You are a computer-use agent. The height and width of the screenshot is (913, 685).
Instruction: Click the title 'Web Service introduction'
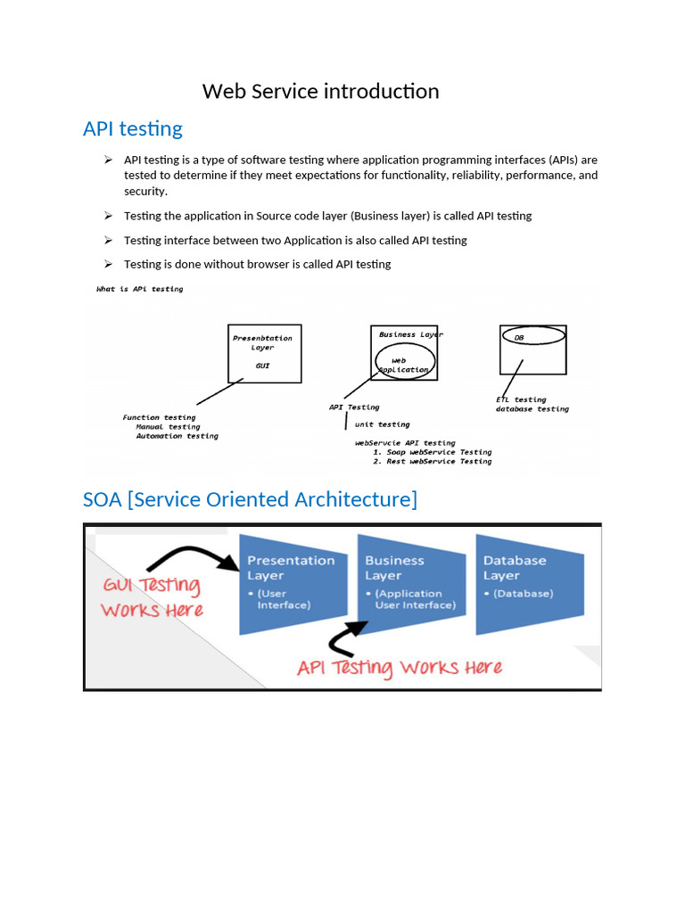coord(320,91)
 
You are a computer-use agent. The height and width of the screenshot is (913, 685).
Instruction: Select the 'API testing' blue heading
coord(132,128)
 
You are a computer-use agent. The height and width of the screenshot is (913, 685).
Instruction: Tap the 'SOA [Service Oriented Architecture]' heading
coord(250,499)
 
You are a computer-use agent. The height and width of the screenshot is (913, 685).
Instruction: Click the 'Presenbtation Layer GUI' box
coord(264,353)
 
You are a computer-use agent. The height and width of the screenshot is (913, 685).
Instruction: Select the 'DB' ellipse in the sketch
coord(533,336)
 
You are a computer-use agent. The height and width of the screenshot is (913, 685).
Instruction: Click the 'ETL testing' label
coord(521,399)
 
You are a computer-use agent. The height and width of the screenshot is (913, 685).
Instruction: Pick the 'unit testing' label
coord(382,424)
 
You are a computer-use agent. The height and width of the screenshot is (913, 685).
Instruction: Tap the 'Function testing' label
coord(159,417)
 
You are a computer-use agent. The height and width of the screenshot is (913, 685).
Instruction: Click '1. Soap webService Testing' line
coord(432,452)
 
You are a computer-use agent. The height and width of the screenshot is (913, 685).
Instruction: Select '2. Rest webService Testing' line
coord(432,462)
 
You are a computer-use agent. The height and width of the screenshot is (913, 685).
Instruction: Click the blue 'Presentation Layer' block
coord(292,584)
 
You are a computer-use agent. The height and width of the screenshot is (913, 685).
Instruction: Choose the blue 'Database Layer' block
coord(528,584)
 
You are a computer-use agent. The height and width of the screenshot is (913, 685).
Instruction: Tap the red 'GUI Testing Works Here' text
coord(152,597)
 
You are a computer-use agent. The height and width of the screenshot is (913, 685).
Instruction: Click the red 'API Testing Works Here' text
coord(400,668)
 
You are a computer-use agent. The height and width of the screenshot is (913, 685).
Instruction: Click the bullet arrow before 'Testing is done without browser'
coord(107,264)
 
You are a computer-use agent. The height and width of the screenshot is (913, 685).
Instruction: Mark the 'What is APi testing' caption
coord(139,289)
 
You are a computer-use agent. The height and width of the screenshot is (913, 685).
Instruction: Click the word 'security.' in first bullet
coord(145,192)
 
